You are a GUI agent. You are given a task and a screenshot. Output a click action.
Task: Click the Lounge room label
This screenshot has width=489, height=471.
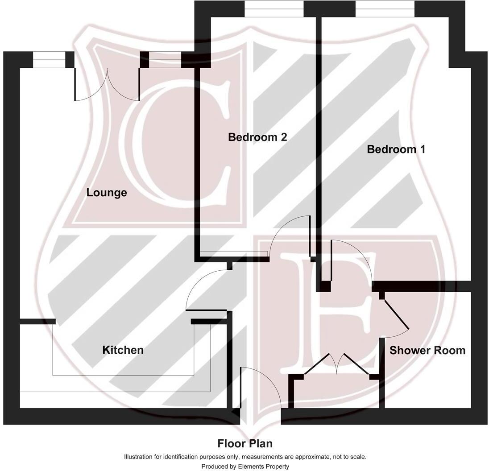107,193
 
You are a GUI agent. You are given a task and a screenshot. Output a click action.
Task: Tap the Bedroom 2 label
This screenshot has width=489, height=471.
257,137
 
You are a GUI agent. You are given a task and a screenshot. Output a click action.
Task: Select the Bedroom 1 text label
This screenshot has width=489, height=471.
396,149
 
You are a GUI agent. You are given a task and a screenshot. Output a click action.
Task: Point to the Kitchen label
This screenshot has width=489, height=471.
123,350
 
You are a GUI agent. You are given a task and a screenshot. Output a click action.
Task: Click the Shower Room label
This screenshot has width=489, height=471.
427,351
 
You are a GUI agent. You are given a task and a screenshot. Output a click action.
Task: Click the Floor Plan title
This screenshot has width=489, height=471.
244,444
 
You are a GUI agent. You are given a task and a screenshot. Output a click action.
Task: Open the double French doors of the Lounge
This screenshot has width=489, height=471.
107,85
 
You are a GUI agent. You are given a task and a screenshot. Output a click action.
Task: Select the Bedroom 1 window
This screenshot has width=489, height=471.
385,9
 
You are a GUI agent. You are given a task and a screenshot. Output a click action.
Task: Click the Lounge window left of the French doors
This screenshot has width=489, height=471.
49,60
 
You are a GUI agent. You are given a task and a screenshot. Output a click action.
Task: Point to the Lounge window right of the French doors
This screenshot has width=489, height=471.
165,60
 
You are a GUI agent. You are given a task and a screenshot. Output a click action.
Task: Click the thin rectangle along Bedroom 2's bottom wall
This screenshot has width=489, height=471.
234,254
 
